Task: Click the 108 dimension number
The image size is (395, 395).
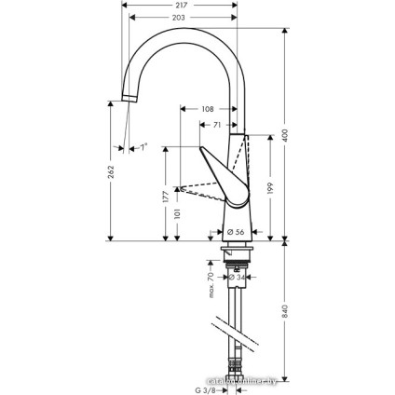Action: tap(208, 109)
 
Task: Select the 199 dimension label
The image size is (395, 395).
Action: tap(271, 189)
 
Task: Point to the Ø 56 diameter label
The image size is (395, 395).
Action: tap(235, 231)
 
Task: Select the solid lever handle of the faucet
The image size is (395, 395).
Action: tap(226, 173)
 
